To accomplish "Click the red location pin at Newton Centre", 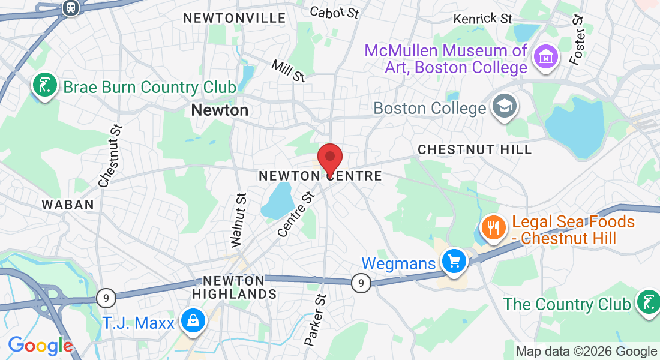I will pyautogui.click(x=329, y=158).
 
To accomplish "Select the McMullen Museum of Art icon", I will pyautogui.click(x=546, y=57).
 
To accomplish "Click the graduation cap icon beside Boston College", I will pyautogui.click(x=503, y=107).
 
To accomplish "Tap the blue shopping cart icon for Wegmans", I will pyautogui.click(x=454, y=262).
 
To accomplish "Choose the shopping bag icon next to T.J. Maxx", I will pyautogui.click(x=193, y=322).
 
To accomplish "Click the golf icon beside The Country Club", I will pyautogui.click(x=647, y=304).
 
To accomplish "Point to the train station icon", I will pyautogui.click(x=71, y=8).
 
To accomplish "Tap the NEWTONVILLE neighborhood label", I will pyautogui.click(x=226, y=18).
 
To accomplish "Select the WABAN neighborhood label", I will pyautogui.click(x=68, y=205).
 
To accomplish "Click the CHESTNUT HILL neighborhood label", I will pyautogui.click(x=475, y=149).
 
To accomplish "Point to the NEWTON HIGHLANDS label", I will pyautogui.click(x=235, y=287).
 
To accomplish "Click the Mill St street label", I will pyautogui.click(x=289, y=70).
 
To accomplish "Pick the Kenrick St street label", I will pyautogui.click(x=482, y=19).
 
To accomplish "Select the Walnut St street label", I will pyautogui.click(x=238, y=220).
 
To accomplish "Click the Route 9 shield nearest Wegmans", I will pyautogui.click(x=361, y=282).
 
